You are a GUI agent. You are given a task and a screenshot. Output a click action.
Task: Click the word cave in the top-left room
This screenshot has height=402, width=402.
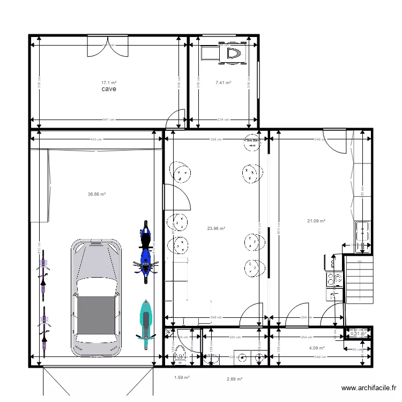click(x=109, y=90)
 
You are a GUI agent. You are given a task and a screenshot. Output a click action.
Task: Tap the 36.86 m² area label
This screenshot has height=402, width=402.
click(x=96, y=195)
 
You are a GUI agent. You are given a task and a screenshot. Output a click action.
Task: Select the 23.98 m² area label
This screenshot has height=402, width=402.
click(x=215, y=228)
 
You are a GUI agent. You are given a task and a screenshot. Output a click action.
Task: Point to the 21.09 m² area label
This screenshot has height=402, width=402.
click(x=316, y=220)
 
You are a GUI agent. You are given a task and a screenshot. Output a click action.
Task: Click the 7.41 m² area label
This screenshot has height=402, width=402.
click(x=223, y=83)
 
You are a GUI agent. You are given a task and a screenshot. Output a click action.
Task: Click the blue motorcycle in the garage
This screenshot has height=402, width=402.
click(x=145, y=252)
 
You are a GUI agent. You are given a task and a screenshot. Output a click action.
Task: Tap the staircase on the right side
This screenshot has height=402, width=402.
click(x=358, y=290)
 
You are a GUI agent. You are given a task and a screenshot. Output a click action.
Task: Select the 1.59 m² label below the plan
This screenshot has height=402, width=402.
click(x=182, y=377)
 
